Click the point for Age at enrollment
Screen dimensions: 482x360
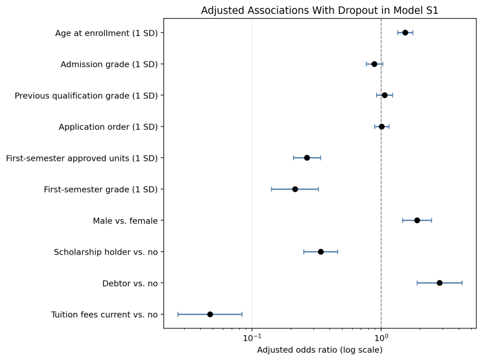[405, 33]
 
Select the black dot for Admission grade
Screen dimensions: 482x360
[374, 64]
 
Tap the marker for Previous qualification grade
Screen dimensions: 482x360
[385, 95]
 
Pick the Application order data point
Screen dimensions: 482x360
[381, 127]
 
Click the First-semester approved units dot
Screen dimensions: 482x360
[307, 158]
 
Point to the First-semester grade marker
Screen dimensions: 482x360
[295, 189]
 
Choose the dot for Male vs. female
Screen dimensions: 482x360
[417, 220]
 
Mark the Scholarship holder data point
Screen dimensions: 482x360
[321, 251]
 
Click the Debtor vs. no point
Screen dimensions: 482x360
[440, 283]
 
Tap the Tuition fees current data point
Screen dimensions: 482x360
[210, 314]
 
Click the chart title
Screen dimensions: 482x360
[320, 10]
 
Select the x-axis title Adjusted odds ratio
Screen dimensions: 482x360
[320, 350]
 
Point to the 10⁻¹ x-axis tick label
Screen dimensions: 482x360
[252, 338]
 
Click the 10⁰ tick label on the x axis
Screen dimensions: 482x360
[381, 338]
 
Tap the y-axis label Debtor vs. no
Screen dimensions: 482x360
[130, 283]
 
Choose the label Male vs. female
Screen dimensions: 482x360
[125, 221]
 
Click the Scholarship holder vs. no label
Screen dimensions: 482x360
[106, 252]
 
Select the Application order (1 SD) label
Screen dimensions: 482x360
[108, 127]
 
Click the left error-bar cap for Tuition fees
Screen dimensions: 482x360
[178, 314]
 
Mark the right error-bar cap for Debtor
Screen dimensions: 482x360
[462, 283]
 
